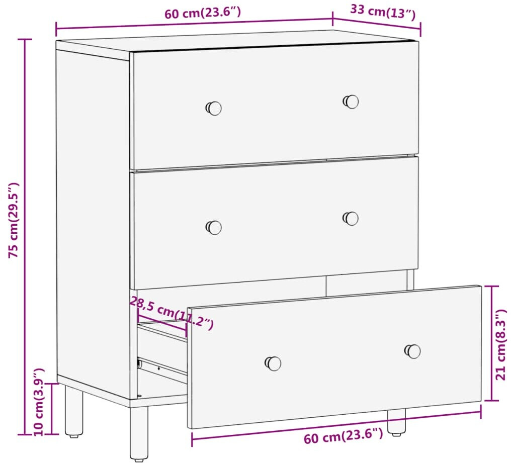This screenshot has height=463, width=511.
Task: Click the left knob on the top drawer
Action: [214, 108]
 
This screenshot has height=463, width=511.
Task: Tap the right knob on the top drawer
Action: [351, 102]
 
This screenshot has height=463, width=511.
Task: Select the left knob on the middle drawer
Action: [214, 227]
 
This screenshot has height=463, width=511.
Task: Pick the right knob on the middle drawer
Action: [351, 218]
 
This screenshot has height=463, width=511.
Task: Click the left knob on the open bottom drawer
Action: [273, 363]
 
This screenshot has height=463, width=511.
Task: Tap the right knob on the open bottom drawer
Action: [412, 351]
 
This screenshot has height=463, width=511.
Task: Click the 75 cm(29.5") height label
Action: [14, 220]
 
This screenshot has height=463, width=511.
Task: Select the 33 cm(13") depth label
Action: [383, 12]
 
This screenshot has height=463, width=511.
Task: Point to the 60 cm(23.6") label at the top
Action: [202, 13]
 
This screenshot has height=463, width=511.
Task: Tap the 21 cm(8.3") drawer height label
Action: [500, 344]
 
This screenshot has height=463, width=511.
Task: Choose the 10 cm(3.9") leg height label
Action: [39, 402]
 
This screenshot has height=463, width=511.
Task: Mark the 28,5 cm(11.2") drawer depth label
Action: [172, 313]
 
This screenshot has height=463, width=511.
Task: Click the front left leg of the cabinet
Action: [139, 434]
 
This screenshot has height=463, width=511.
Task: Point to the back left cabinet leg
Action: [73, 411]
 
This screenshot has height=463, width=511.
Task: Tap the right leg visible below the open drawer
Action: [397, 423]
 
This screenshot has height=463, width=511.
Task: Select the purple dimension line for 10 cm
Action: [51, 409]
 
